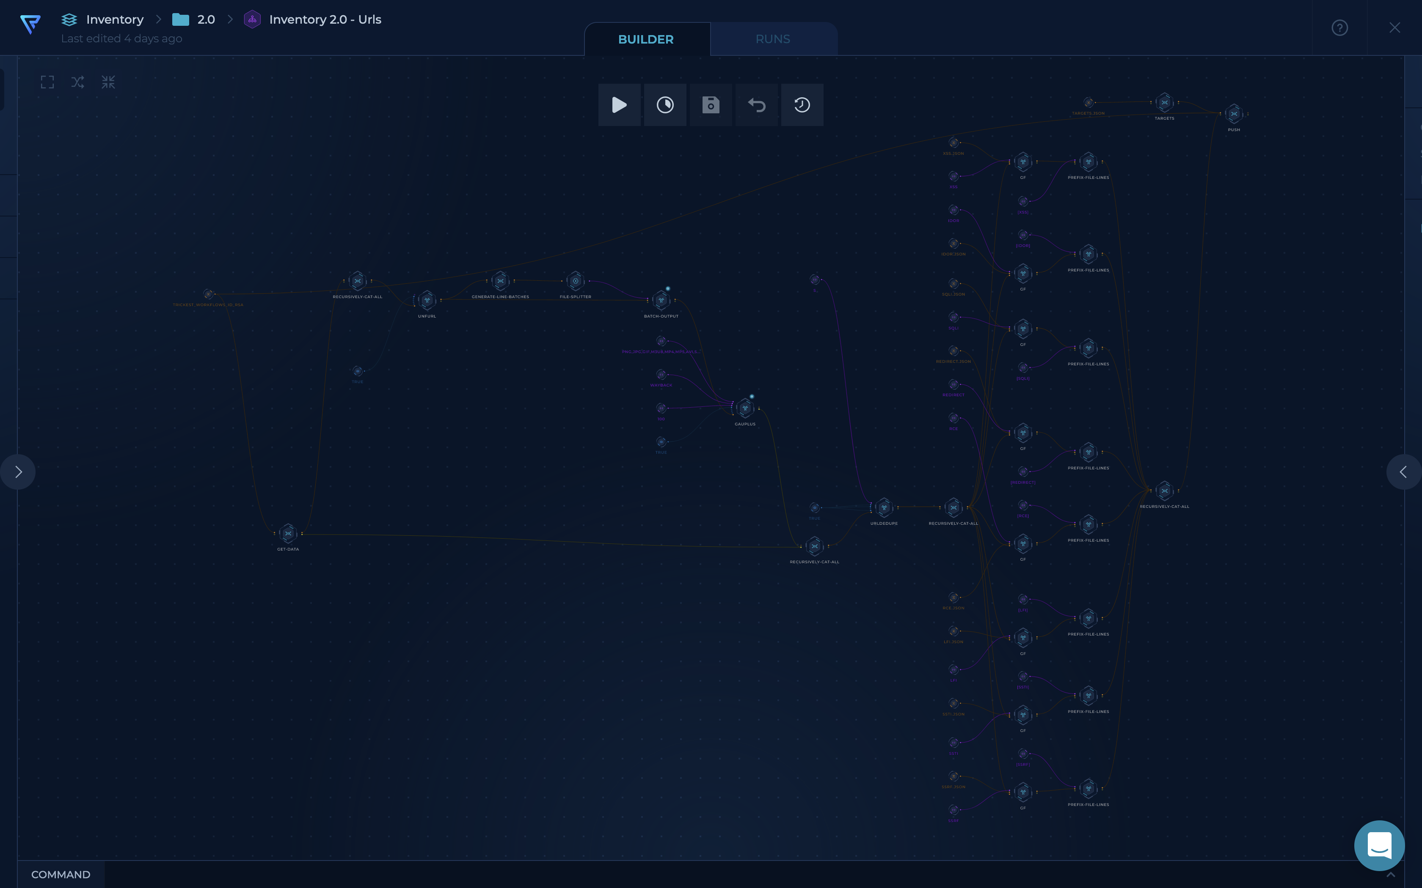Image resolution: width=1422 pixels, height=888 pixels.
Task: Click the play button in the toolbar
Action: (619, 105)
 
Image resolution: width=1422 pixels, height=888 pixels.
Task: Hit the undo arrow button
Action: (756, 105)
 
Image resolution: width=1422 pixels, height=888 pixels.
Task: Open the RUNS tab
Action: (773, 39)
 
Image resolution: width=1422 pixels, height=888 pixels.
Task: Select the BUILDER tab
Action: (646, 39)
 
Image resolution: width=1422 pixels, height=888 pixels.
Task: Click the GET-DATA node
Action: (288, 534)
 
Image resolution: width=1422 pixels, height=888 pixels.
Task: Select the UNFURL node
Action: (427, 301)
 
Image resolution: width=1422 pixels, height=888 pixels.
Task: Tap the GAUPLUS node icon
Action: (745, 408)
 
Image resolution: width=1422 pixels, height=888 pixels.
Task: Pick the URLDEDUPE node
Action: (884, 507)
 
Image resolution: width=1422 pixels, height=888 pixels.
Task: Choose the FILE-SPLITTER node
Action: (575, 281)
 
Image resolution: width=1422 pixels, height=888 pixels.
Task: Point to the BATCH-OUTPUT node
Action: (661, 301)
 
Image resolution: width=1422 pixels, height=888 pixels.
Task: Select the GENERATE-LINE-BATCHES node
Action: (500, 281)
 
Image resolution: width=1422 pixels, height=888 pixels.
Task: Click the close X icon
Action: (1394, 27)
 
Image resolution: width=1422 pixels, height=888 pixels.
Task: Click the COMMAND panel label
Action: (61, 874)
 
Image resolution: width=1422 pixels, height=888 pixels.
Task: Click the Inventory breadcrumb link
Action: (115, 19)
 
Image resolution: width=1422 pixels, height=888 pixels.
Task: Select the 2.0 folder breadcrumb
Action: (206, 19)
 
